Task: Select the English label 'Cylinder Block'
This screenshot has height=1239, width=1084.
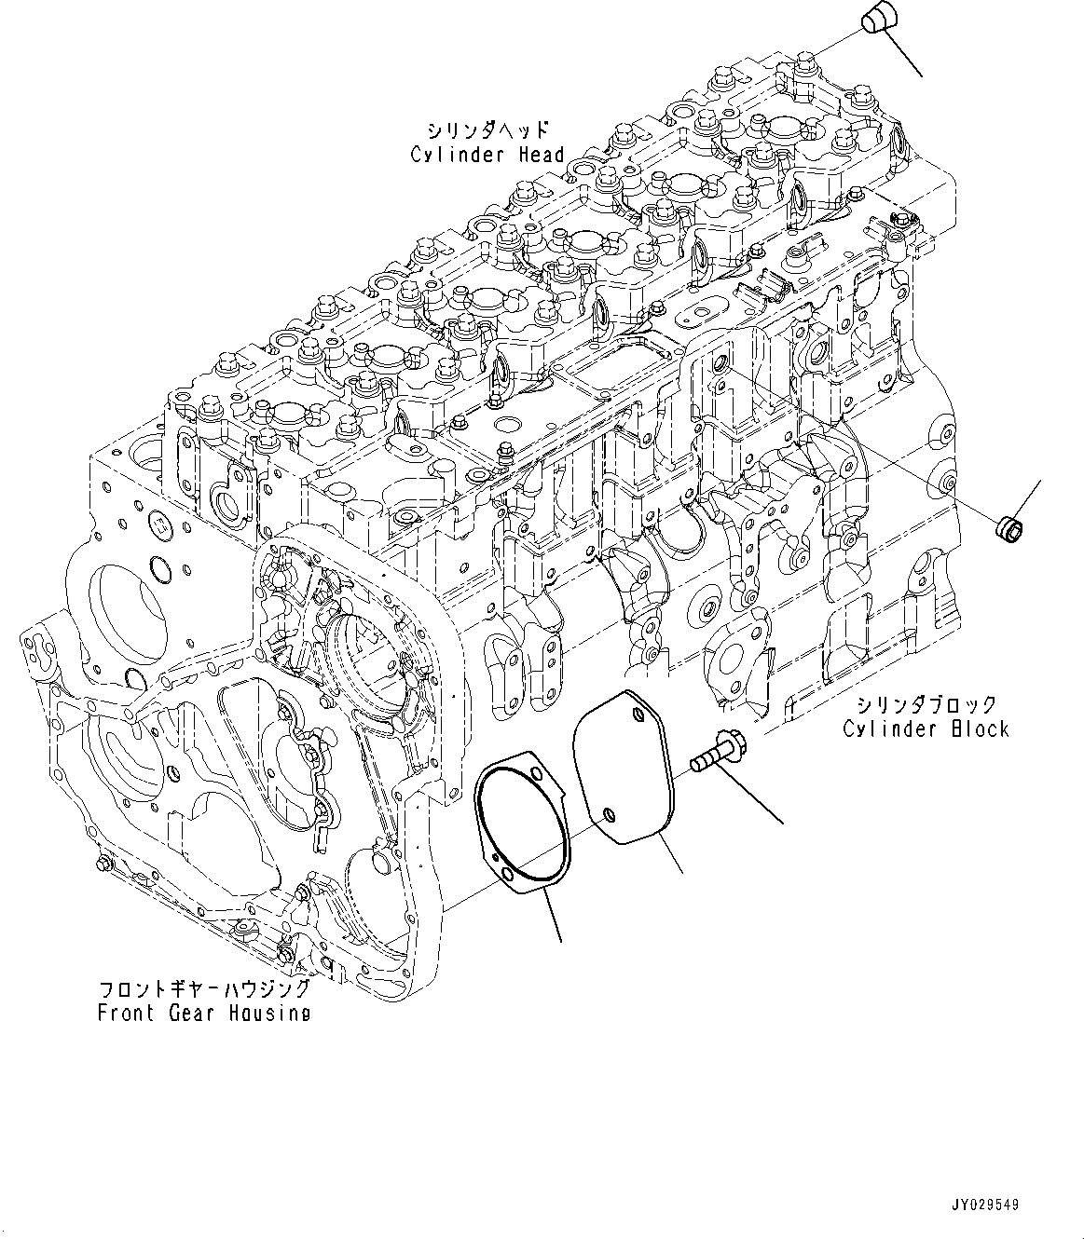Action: pos(926,728)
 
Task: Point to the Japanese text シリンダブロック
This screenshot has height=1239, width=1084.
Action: pos(926,704)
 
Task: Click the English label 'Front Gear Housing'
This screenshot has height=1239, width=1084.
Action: pos(204,1013)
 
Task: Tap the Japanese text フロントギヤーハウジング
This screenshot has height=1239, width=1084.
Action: pos(204,988)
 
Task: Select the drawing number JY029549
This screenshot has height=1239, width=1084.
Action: pos(985,1205)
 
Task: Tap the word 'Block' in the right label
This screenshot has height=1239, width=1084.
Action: pos(980,728)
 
